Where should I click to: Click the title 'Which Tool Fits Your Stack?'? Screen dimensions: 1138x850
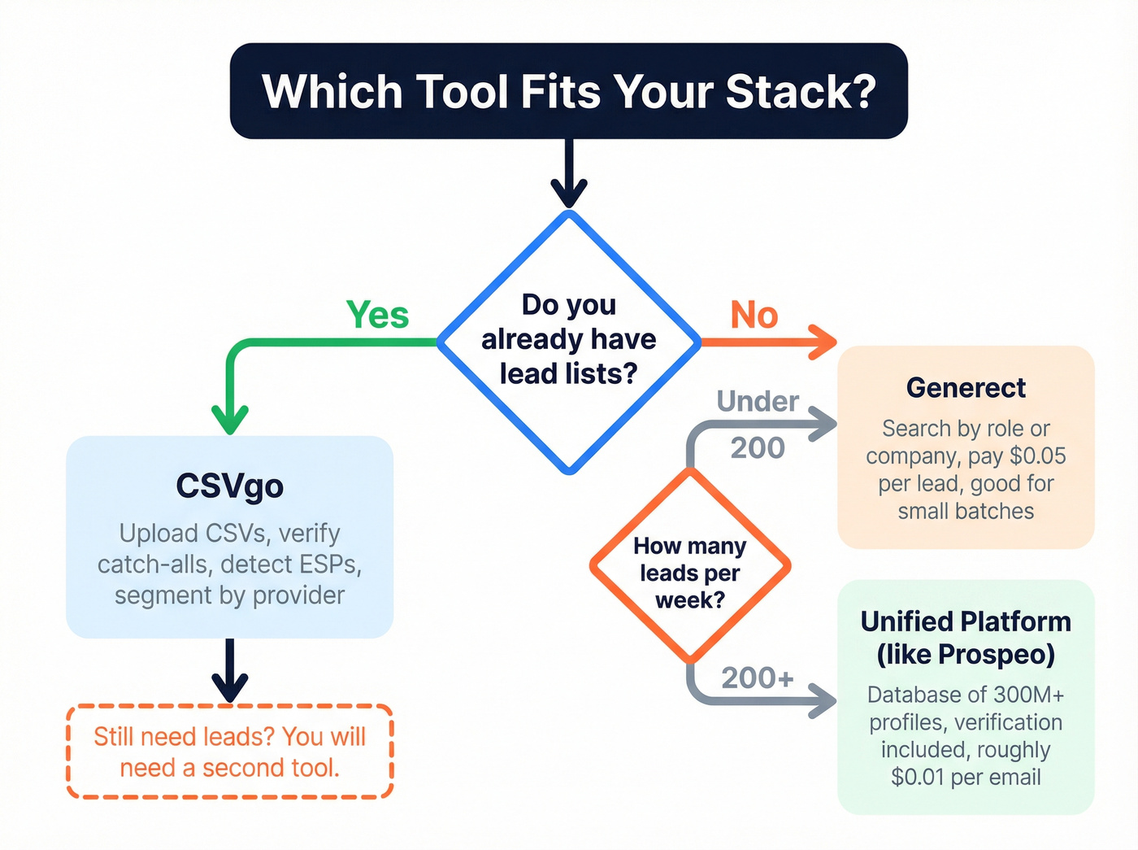click(x=569, y=91)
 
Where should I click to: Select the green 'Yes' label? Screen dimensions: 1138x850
click(x=377, y=315)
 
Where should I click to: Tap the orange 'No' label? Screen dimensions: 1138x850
click(x=754, y=315)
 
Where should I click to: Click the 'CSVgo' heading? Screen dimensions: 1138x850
click(x=229, y=486)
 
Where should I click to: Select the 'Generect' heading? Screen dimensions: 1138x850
click(x=966, y=388)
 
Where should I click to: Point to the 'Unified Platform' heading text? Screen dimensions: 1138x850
click(x=966, y=622)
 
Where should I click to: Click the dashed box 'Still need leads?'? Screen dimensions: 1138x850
click(x=229, y=752)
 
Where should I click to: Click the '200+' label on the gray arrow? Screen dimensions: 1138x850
click(x=757, y=678)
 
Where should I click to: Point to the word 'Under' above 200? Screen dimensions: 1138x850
click(x=758, y=401)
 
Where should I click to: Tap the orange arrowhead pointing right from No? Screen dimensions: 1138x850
click(x=823, y=342)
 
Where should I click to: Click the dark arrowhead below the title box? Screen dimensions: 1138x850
click(x=569, y=194)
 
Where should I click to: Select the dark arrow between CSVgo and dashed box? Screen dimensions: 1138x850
click(x=230, y=671)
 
